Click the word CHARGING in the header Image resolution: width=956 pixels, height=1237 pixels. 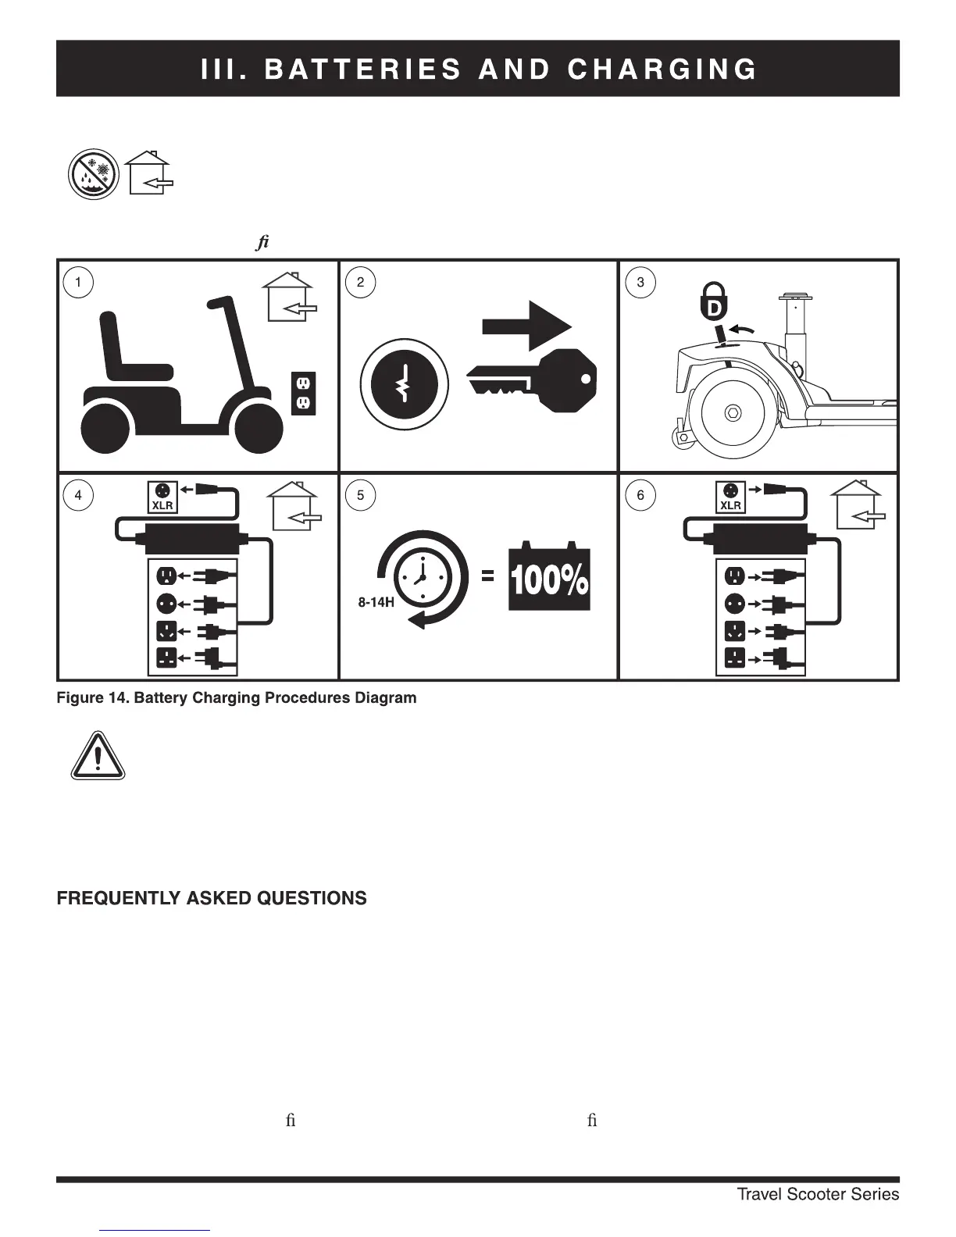(662, 70)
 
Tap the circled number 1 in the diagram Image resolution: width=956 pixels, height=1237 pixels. (78, 282)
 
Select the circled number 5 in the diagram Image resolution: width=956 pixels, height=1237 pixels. (360, 495)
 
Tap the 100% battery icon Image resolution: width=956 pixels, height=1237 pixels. (549, 579)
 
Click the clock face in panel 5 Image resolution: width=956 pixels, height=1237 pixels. (423, 578)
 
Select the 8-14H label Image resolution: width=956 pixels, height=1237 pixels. (376, 603)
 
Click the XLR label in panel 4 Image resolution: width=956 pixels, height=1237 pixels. (162, 505)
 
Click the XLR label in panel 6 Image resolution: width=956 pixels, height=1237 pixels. (730, 505)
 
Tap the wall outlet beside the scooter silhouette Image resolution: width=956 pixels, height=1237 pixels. (303, 393)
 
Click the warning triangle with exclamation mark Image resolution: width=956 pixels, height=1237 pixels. (98, 756)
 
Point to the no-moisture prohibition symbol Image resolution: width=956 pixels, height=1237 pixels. (93, 175)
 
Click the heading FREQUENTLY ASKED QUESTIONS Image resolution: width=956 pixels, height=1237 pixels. (212, 898)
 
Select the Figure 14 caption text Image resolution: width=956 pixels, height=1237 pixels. (236, 697)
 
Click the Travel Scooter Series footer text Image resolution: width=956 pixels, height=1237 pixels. (818, 1194)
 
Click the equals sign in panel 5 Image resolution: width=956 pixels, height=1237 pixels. (487, 576)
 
